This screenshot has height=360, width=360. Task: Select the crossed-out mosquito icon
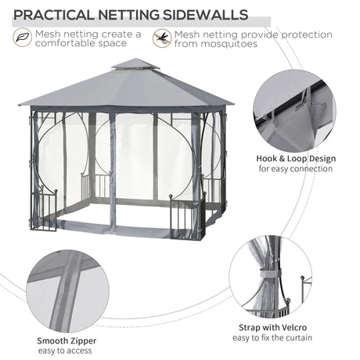[x=162, y=38]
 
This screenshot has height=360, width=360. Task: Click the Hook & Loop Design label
[x=297, y=159]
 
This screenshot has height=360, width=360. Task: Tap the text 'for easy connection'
[x=297, y=169]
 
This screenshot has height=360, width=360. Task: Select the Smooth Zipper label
[x=67, y=341]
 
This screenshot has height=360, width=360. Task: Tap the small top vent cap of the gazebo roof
[x=135, y=65]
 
